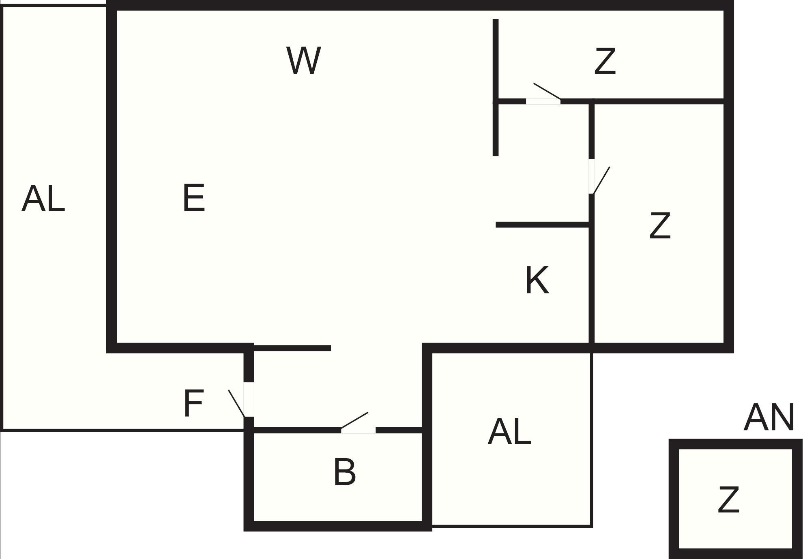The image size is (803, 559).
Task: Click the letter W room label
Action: coord(303,61)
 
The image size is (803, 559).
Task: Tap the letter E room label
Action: coord(194,198)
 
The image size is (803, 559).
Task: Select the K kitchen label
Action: coord(537,280)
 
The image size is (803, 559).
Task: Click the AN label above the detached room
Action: coord(769,418)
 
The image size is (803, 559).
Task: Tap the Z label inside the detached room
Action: coord(728,500)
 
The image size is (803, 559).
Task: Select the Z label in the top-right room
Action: coord(605,61)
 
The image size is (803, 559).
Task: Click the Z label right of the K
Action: coord(659,226)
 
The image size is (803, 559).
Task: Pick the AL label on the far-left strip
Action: coord(43,199)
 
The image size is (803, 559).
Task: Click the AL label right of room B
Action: coord(509,432)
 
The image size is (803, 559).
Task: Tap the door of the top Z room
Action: coord(543,101)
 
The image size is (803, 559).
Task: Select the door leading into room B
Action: coord(358,430)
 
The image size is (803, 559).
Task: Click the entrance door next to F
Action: coord(248,399)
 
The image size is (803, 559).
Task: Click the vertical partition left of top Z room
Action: coord(496,87)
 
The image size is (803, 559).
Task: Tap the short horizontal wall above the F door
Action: coord(292,348)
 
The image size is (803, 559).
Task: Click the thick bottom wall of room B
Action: coord(337,526)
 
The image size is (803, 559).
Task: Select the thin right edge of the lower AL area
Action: coord(592,439)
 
